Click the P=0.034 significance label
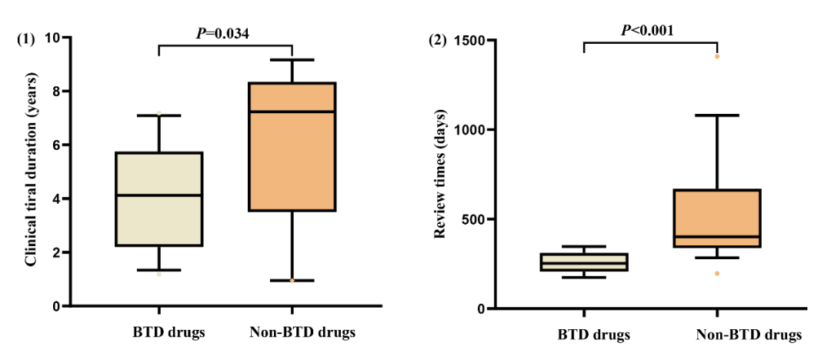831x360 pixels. point(223,32)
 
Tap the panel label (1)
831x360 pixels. point(26,38)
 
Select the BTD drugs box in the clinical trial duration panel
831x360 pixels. point(159,198)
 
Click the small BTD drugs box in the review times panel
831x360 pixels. point(584,262)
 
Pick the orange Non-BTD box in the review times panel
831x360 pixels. point(716,218)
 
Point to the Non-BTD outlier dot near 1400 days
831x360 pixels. point(717,56)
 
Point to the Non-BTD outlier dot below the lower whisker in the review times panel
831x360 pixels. point(717,274)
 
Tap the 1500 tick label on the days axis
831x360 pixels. point(469,40)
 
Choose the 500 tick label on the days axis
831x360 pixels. point(473,219)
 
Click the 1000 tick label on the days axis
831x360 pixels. point(469,130)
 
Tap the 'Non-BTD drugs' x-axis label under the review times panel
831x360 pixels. point(749,335)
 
